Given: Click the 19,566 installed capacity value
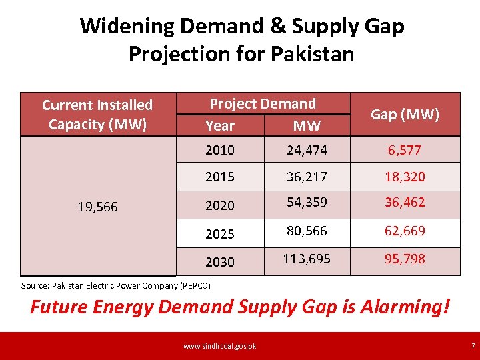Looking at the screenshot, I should (x=97, y=207).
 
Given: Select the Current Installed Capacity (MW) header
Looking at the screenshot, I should (x=97, y=115).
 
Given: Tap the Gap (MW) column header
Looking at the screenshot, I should (x=405, y=114).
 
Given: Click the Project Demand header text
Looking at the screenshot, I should (x=263, y=103).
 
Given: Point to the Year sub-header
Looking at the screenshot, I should (x=220, y=125).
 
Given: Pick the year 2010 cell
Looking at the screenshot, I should (x=220, y=150).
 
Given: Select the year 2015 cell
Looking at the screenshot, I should (x=220, y=177).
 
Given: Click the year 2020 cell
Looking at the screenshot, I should (x=220, y=205).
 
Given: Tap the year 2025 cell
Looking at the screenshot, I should (x=220, y=234).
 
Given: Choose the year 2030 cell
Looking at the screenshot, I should (x=220, y=262).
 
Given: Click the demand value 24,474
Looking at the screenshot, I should (x=307, y=150).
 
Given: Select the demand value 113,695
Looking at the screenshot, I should (x=307, y=259).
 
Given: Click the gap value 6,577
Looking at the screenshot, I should (x=405, y=150).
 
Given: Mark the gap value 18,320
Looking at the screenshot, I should (x=405, y=177).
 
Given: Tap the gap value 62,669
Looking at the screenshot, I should (x=405, y=231).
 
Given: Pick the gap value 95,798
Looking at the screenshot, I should (x=405, y=259).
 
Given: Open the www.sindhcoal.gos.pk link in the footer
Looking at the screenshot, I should (x=219, y=345).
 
